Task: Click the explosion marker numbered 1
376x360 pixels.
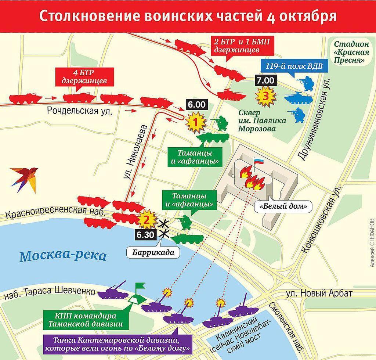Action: tap(196, 122)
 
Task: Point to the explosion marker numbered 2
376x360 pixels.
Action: tap(146, 219)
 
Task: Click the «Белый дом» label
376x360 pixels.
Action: tap(283, 207)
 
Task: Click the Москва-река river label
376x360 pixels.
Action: tap(63, 256)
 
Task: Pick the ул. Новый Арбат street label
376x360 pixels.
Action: tap(319, 293)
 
